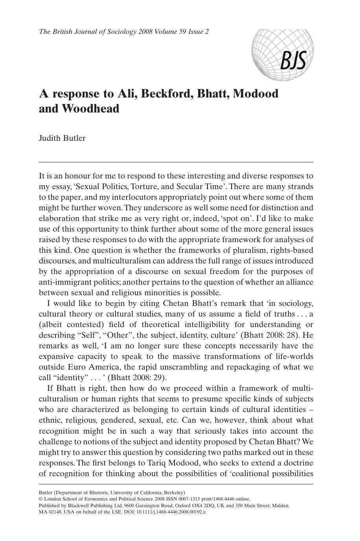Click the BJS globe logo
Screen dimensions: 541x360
pos(283,55)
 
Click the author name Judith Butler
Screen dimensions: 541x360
pos(62,138)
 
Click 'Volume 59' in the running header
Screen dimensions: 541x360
pos(167,32)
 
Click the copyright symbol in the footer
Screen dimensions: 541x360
pos(41,499)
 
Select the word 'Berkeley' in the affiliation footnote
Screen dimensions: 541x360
pos(174,492)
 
